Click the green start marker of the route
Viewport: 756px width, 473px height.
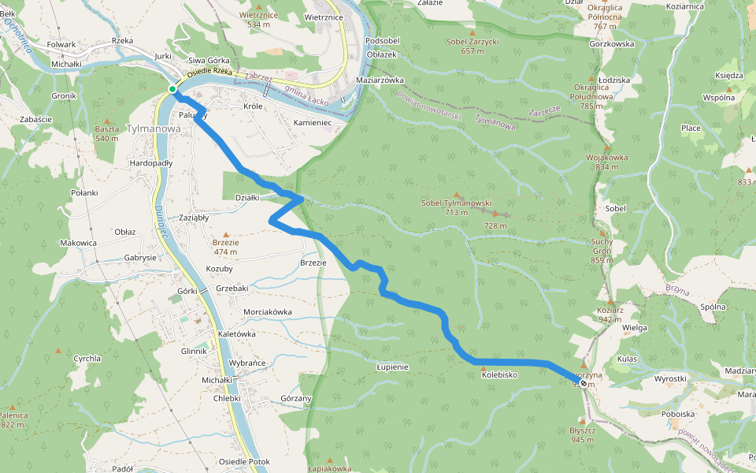[x=172, y=89]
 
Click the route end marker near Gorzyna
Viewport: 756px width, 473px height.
[x=582, y=382]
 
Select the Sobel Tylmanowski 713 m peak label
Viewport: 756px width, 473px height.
[x=456, y=207]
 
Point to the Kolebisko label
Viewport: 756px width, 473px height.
[x=498, y=375]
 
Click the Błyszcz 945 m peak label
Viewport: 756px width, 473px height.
[x=583, y=435]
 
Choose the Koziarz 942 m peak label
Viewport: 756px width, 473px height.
[x=610, y=315]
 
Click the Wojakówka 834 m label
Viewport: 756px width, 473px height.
[x=606, y=162]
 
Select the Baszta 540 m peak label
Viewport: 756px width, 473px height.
[x=107, y=133]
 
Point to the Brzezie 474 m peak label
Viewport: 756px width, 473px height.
[x=225, y=247]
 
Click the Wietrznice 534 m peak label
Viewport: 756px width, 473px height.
[x=260, y=19]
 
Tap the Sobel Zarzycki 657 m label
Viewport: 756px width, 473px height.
[x=472, y=46]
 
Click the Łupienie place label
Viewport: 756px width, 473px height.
[x=391, y=367]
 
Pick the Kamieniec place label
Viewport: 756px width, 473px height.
[x=313, y=124]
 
